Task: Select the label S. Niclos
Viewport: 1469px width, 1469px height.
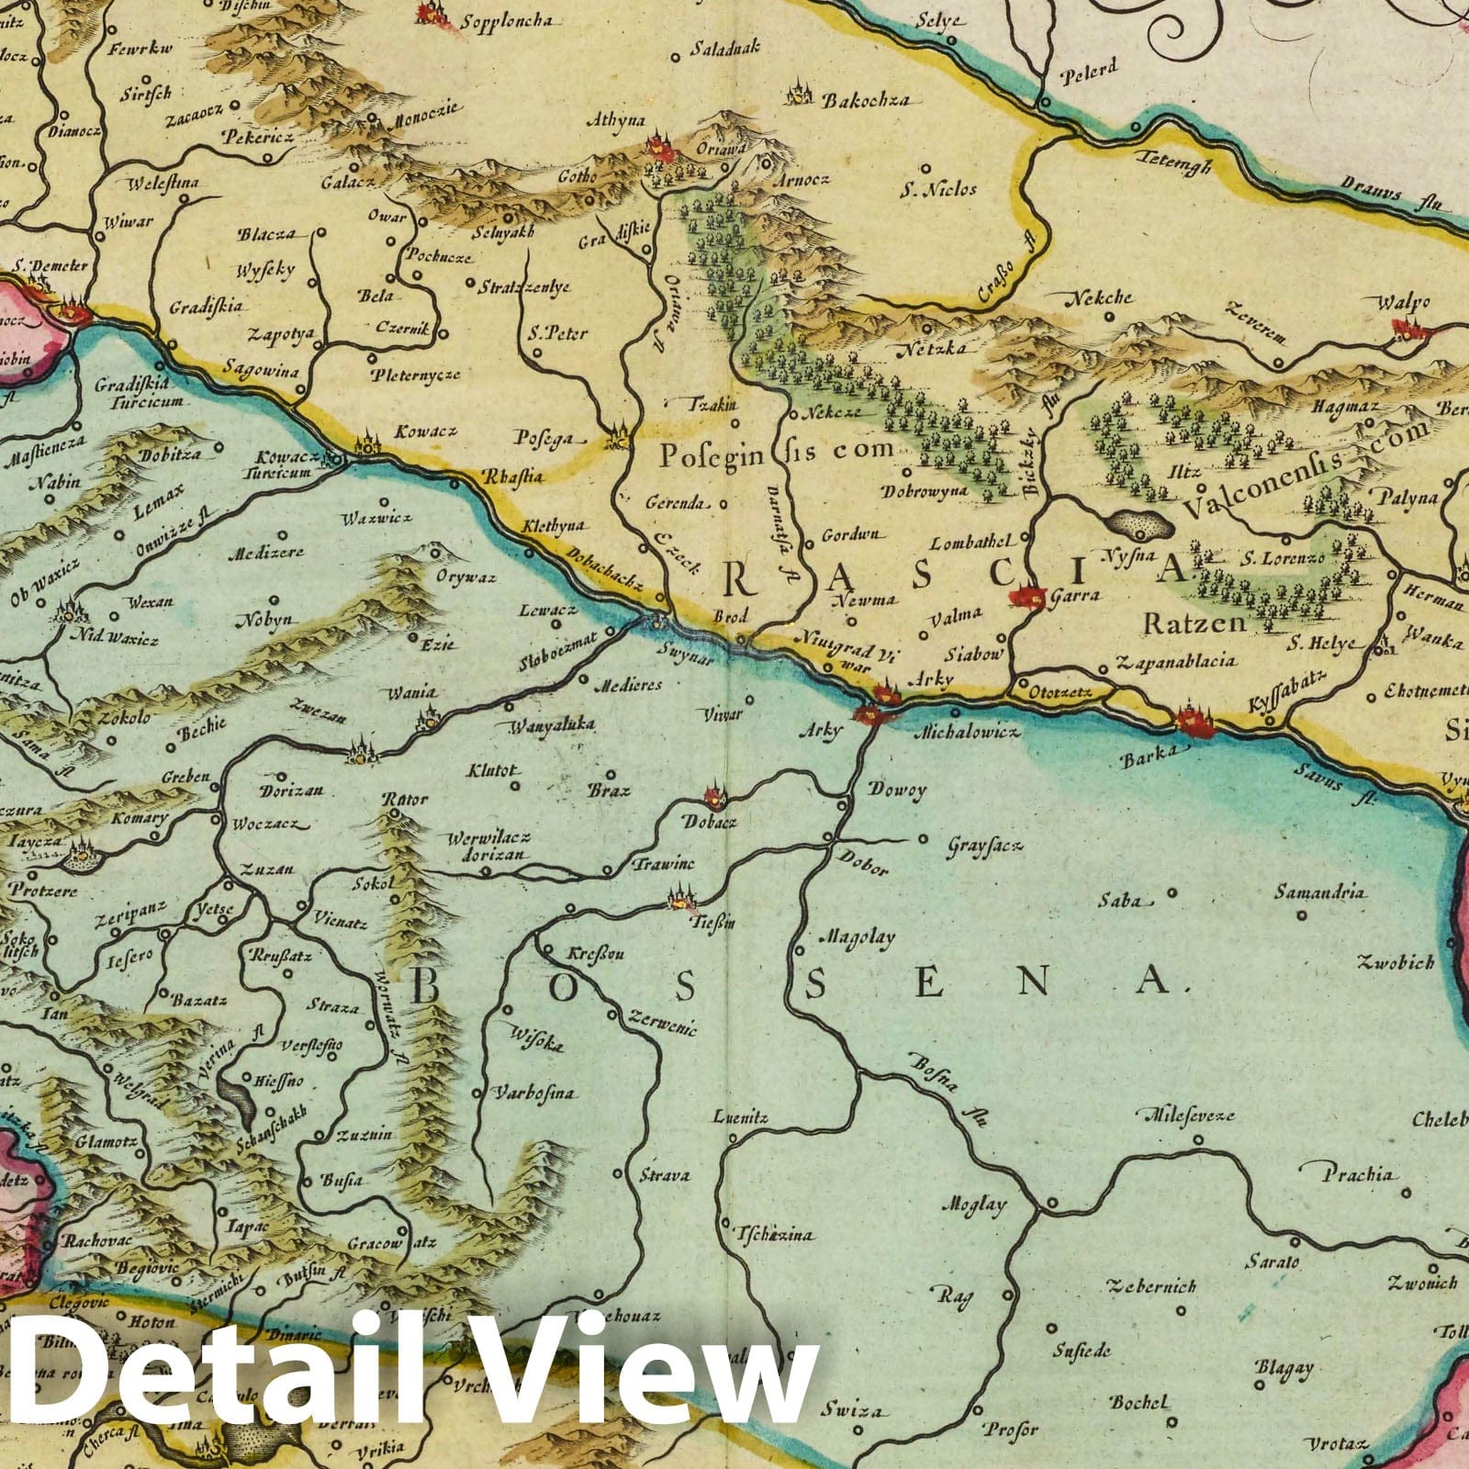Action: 937,191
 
